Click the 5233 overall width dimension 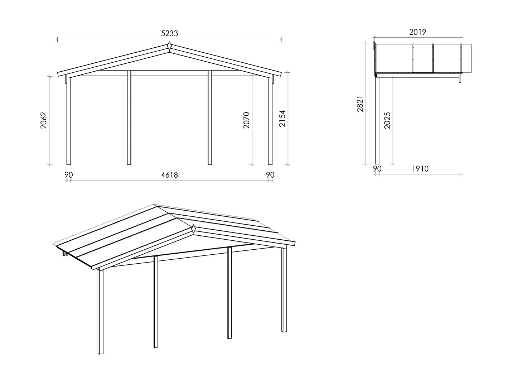pyautogui.click(x=169, y=33)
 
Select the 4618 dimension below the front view pyautogui.click(x=169, y=175)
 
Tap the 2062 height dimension pyautogui.click(x=43, y=120)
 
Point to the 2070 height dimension pyautogui.click(x=246, y=120)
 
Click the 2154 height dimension pyautogui.click(x=282, y=119)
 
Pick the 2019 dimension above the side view pyautogui.click(x=417, y=32)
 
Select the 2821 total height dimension pyautogui.click(x=360, y=104)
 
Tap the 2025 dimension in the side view pyautogui.click(x=387, y=120)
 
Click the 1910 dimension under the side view pyautogui.click(x=420, y=169)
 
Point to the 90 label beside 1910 pyautogui.click(x=377, y=169)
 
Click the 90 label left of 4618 pyautogui.click(x=68, y=175)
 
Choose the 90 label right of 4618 pyautogui.click(x=270, y=175)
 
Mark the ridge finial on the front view pyautogui.click(x=169, y=46)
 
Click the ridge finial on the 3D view pyautogui.click(x=193, y=228)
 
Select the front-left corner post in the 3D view pyautogui.click(x=101, y=312)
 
